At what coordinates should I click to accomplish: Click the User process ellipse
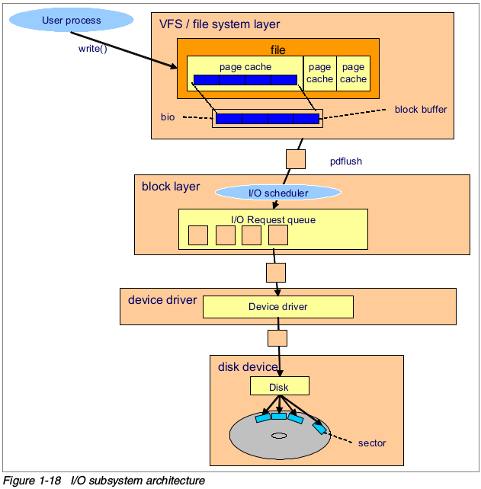click(x=71, y=21)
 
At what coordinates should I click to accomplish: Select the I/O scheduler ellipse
click(x=278, y=193)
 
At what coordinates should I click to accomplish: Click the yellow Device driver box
click(x=277, y=307)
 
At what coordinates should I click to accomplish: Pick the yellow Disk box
click(x=279, y=387)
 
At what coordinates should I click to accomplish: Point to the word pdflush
click(x=346, y=161)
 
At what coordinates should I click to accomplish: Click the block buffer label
click(x=421, y=110)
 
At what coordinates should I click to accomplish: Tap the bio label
click(x=168, y=118)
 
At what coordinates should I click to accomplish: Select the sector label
click(x=372, y=443)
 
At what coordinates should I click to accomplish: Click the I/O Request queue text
click(x=273, y=220)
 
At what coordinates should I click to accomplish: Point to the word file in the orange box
click(x=277, y=50)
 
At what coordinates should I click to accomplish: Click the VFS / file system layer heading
click(x=219, y=25)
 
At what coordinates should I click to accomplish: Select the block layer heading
click(x=171, y=187)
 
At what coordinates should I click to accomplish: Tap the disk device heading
click(x=249, y=367)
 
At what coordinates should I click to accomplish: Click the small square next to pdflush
click(x=295, y=158)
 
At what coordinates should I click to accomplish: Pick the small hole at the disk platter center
click(x=278, y=436)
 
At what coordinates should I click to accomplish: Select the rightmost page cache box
click(x=353, y=73)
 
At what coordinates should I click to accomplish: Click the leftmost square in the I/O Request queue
click(x=198, y=235)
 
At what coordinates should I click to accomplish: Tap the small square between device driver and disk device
click(x=277, y=337)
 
